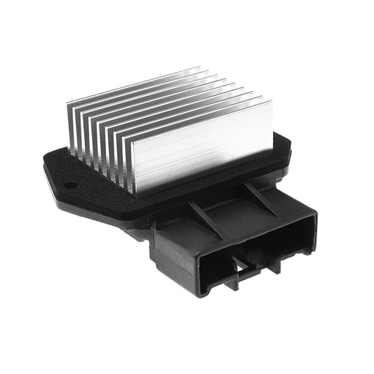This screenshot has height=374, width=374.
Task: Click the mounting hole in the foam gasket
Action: coord(71,185)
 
